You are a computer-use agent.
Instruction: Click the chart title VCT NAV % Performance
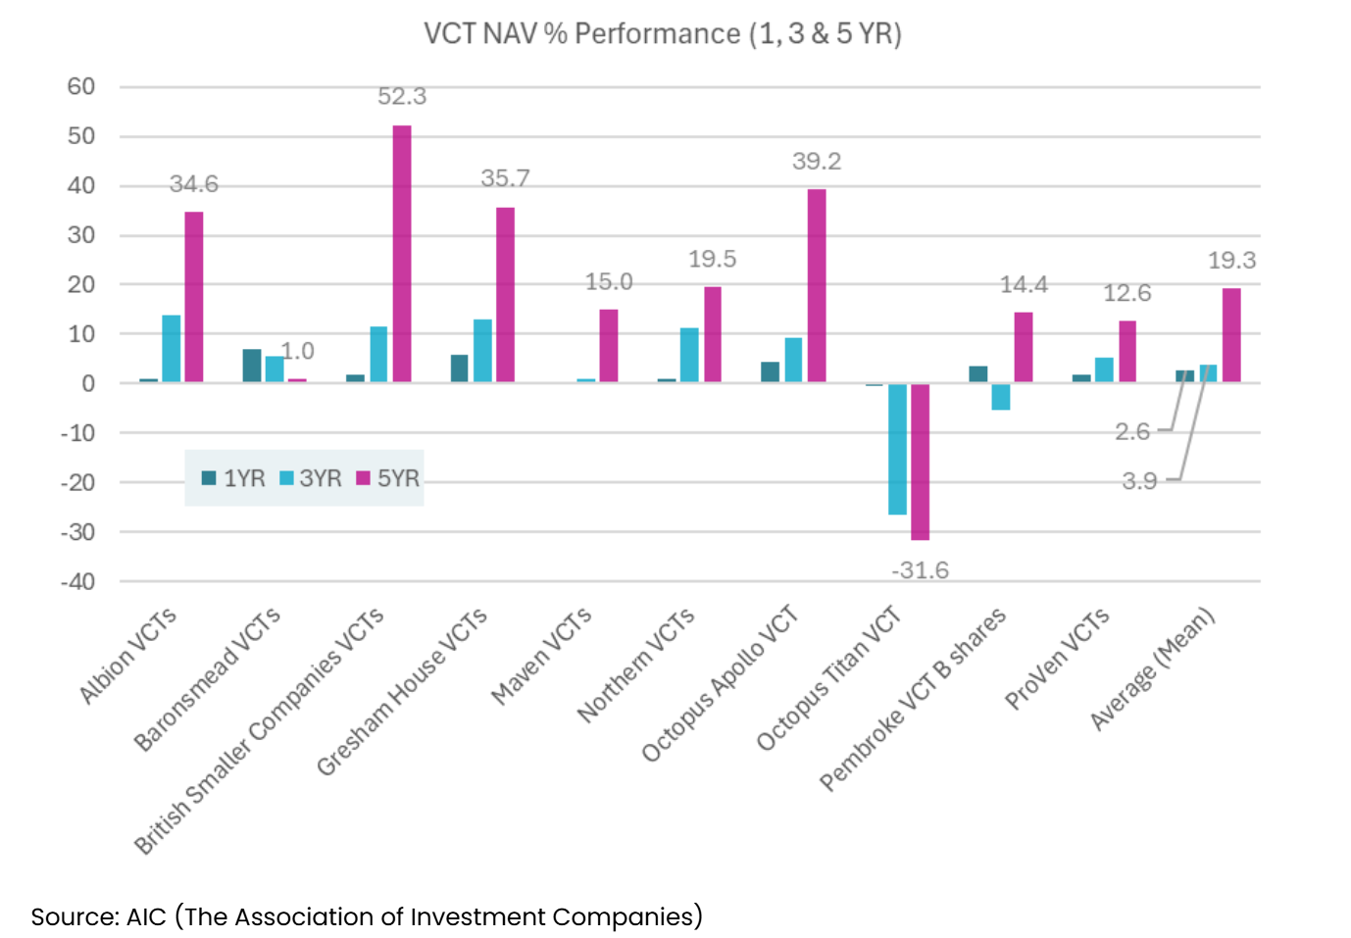point(662,34)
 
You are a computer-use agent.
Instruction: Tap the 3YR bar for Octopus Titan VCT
point(897,448)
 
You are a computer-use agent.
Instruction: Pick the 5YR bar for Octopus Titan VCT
point(920,461)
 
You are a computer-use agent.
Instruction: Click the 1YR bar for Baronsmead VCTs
point(252,366)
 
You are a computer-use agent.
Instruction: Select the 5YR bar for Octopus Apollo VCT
point(817,285)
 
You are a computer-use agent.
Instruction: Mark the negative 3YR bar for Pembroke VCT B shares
point(1000,396)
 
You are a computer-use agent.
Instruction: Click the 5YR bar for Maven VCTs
point(609,345)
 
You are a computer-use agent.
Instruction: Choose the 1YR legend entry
point(233,478)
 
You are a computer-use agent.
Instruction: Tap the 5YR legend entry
point(387,478)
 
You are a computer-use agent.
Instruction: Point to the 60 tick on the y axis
point(81,87)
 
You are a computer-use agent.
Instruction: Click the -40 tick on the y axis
point(78,582)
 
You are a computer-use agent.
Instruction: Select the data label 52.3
point(402,97)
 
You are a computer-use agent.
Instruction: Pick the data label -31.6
point(920,570)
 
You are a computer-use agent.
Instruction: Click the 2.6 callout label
point(1132,431)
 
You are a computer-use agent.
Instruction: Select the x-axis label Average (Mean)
point(1154,668)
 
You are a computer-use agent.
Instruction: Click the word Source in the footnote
point(74,917)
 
